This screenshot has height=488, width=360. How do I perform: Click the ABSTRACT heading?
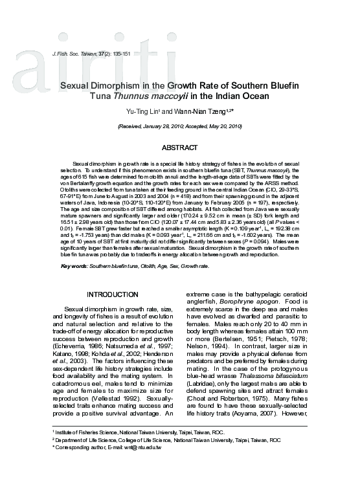click(x=179, y=148)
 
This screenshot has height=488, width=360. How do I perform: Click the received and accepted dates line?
click(x=179, y=127)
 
